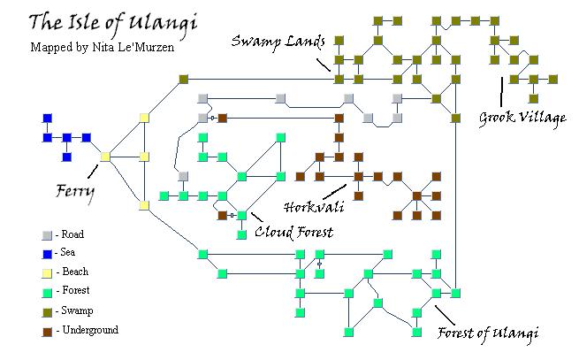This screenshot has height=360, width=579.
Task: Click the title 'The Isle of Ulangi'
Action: [112, 24]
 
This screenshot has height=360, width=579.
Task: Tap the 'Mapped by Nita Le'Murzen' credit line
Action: [102, 47]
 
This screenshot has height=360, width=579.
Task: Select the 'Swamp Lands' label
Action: [278, 41]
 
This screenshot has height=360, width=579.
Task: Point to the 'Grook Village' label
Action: [522, 119]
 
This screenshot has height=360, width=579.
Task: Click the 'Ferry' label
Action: [75, 192]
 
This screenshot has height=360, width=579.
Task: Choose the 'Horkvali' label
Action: [314, 206]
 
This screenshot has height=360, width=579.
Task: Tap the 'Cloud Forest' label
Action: [294, 232]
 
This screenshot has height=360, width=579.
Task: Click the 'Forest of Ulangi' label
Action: [487, 333]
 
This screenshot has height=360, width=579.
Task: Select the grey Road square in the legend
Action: [47, 235]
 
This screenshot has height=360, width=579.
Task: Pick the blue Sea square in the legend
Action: [47, 254]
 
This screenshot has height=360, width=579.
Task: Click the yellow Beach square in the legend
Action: [47, 273]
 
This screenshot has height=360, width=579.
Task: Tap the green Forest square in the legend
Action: [47, 293]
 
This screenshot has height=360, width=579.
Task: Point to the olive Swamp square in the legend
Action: [47, 312]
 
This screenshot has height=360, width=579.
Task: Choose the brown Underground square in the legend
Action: [47, 332]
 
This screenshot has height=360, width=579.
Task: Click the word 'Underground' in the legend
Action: [90, 330]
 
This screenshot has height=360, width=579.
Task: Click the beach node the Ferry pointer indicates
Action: [105, 157]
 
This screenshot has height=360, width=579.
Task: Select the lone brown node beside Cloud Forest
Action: [222, 215]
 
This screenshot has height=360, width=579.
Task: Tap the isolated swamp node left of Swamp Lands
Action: [184, 79]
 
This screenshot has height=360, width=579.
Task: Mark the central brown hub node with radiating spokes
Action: [416, 195]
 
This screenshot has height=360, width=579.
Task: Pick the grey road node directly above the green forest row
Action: [183, 176]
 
